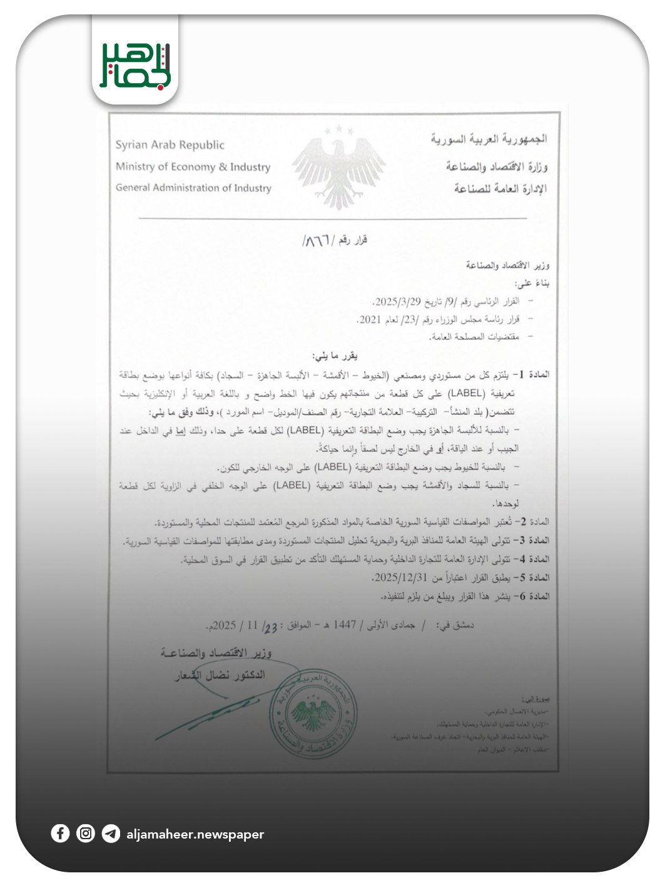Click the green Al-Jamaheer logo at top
(x=135, y=66)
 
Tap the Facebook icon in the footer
(x=60, y=834)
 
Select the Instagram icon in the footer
(x=86, y=834)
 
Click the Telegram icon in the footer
(x=111, y=834)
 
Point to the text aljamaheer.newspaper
(x=195, y=834)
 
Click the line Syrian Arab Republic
(x=170, y=145)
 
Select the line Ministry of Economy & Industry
(x=193, y=166)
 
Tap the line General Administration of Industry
(x=193, y=188)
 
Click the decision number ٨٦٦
(x=318, y=240)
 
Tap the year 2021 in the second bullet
(x=369, y=320)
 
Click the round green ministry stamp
(x=315, y=713)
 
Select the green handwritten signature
(x=206, y=713)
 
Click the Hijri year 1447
(x=344, y=625)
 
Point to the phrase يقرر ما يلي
(x=335, y=356)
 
